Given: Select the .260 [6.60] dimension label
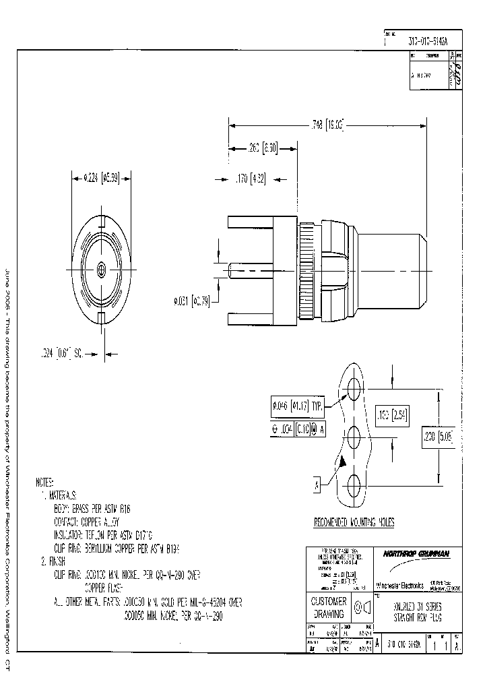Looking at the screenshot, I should (x=259, y=148).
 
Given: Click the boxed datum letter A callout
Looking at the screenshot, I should (x=315, y=484).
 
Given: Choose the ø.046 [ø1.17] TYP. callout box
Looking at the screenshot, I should (x=296, y=406).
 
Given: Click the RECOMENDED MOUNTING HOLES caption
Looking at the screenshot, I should (x=354, y=522).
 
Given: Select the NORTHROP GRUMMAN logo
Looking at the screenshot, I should (x=418, y=554).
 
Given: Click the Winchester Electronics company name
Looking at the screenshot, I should (x=399, y=585).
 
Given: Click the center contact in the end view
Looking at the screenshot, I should (x=100, y=270).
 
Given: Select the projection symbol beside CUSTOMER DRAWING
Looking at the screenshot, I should (x=363, y=608).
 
